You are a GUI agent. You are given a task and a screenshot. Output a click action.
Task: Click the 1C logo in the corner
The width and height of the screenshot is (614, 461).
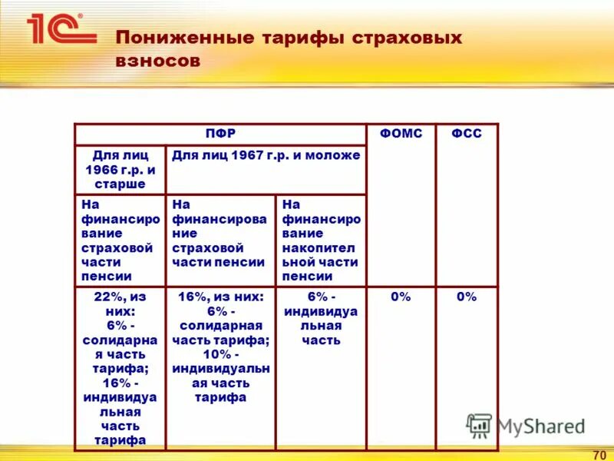pyautogui.click(x=61, y=28)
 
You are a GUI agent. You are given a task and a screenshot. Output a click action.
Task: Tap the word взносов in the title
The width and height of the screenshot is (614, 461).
pyautogui.click(x=158, y=61)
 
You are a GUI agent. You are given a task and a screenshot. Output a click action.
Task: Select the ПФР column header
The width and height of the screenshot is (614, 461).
pyautogui.click(x=220, y=134)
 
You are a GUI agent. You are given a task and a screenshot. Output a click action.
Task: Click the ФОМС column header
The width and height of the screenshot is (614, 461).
pyautogui.click(x=401, y=134)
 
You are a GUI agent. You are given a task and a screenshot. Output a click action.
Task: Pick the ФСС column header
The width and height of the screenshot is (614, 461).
pyautogui.click(x=466, y=134)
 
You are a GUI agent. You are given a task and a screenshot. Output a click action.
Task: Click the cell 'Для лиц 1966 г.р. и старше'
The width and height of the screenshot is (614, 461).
pyautogui.click(x=120, y=170)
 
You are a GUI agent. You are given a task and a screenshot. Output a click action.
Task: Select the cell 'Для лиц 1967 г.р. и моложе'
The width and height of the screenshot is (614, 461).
pyautogui.click(x=266, y=155)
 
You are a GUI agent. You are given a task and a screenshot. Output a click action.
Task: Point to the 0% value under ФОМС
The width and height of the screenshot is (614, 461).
pyautogui.click(x=401, y=297)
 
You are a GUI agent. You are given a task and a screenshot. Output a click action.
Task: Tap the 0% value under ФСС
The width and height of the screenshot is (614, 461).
pyautogui.click(x=466, y=297)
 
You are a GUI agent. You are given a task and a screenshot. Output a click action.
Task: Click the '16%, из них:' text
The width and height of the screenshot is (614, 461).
pyautogui.click(x=220, y=297)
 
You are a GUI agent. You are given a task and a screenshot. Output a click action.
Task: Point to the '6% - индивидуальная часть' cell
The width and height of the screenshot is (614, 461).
pyautogui.click(x=321, y=318)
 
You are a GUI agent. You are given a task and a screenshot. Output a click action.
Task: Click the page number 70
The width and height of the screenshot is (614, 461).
pyautogui.click(x=599, y=453)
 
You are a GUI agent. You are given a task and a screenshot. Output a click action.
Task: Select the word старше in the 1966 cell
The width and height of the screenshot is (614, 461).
pyautogui.click(x=120, y=184)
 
